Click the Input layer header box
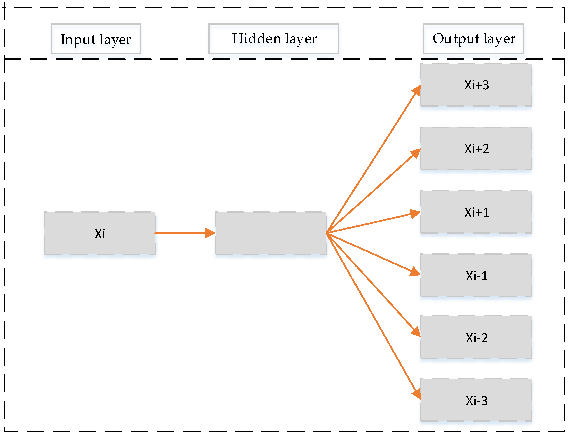[x=96, y=39]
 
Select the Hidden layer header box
[x=274, y=39]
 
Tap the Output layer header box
[x=473, y=39]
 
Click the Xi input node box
[x=100, y=233]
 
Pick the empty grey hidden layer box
[x=271, y=233]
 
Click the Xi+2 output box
[x=476, y=149]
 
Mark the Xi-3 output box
[x=476, y=401]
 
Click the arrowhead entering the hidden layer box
[x=210, y=233]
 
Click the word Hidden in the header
[x=256, y=39]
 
